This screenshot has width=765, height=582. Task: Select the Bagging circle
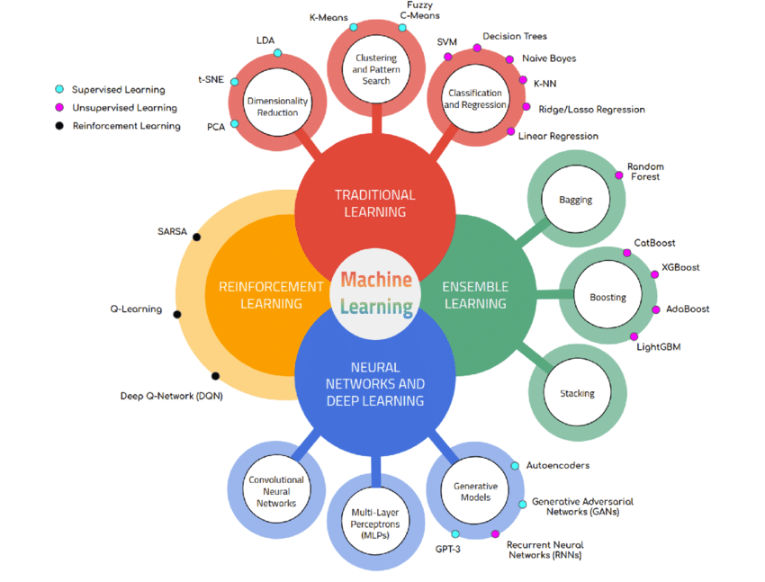click(575, 200)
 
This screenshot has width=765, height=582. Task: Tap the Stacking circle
click(577, 393)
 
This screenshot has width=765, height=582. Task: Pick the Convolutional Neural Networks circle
click(276, 491)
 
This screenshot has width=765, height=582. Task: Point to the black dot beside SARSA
click(197, 237)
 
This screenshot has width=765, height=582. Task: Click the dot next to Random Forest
click(618, 175)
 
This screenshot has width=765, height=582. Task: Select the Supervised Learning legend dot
click(59, 90)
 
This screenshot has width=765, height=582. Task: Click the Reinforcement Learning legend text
click(126, 126)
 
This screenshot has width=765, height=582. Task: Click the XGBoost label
click(680, 267)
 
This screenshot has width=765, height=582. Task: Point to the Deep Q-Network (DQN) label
click(171, 396)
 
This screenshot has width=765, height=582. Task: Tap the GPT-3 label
click(448, 549)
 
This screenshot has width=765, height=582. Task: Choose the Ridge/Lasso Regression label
click(591, 110)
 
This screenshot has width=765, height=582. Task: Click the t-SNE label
click(211, 79)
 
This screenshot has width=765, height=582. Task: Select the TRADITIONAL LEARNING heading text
click(375, 203)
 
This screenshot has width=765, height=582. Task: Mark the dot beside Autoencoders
click(515, 466)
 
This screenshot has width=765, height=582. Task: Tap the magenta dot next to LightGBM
click(634, 336)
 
